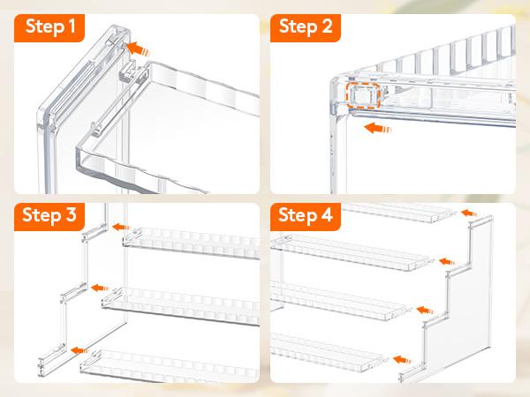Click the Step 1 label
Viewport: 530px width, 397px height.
pos(50,27)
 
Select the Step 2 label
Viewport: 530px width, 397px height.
pos(306,27)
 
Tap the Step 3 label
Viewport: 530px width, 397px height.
pos(49,215)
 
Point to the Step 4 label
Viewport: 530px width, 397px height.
pos(306,215)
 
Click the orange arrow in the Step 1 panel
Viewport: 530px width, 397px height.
pos(138,49)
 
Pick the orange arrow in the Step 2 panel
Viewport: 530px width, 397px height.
pos(377,128)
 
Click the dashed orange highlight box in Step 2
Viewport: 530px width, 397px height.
pos(363,95)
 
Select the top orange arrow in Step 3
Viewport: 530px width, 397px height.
pos(121,227)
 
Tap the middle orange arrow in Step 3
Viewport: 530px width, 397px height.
pos(101,288)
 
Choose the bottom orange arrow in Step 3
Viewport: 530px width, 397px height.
pos(79,350)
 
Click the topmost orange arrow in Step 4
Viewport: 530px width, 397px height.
pos(469,213)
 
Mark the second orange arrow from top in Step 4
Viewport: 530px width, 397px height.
pos(447,261)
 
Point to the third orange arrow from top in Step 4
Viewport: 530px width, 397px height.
pos(425,310)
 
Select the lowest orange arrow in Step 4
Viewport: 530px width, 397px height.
pos(402,360)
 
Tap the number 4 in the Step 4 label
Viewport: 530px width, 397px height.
pos(327,214)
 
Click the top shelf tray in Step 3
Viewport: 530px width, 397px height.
pos(192,243)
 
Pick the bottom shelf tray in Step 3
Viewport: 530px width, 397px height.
pos(170,367)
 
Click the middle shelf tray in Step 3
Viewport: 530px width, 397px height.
pos(181,305)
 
